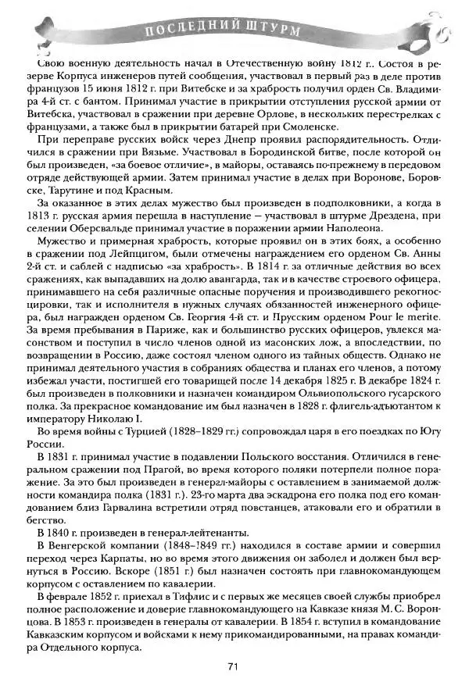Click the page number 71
pyautogui.click(x=232, y=666)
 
